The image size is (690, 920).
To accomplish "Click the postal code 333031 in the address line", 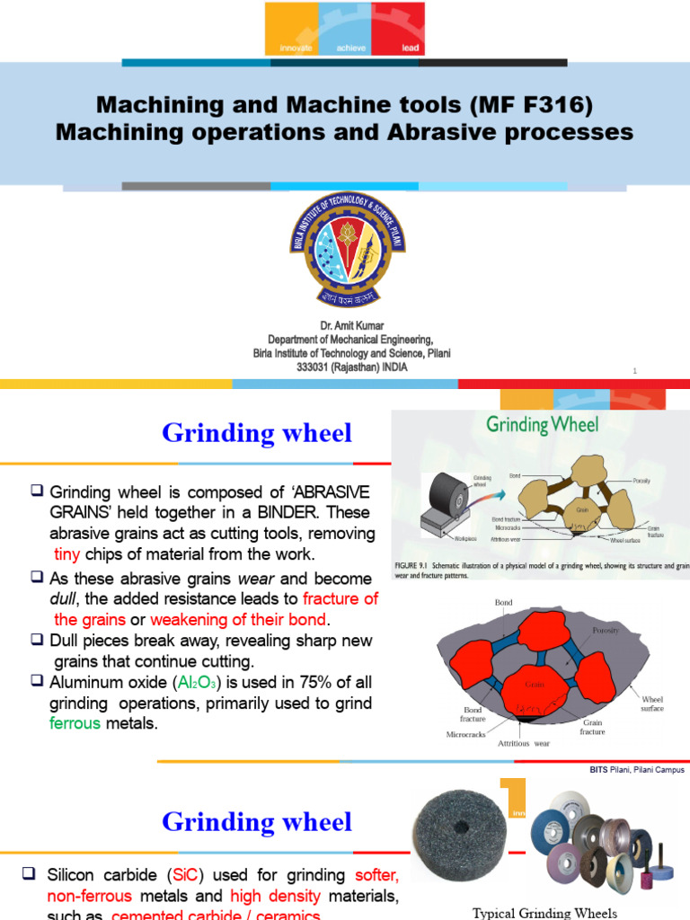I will click(x=315, y=367).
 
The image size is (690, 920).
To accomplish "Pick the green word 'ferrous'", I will click(x=75, y=723).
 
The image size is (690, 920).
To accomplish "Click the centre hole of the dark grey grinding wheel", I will click(x=455, y=826).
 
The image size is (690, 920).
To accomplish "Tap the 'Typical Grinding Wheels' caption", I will click(x=545, y=913).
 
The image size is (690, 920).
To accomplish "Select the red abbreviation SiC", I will click(x=199, y=875).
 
